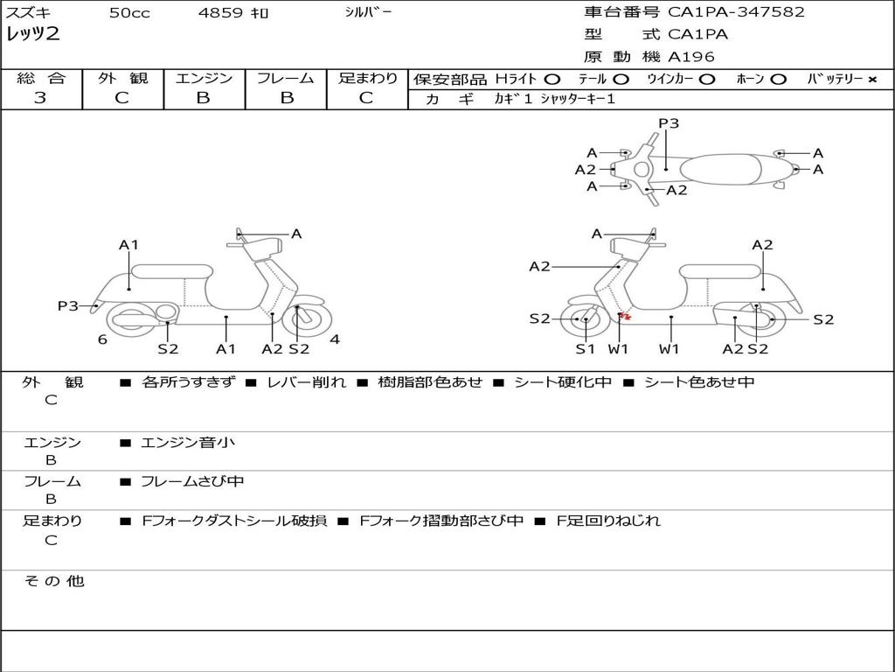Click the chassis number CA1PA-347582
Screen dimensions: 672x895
click(736, 12)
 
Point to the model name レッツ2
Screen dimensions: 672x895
click(33, 35)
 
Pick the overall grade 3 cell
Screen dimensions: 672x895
click(40, 98)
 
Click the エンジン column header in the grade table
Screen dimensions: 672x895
click(204, 79)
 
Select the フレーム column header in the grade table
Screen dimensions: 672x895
click(285, 79)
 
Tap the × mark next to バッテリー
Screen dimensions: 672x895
click(871, 80)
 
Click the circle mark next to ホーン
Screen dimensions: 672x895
click(779, 80)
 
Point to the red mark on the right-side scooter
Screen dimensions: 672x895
click(623, 316)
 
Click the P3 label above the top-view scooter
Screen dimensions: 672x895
click(669, 123)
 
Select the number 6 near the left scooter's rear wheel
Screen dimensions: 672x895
click(102, 339)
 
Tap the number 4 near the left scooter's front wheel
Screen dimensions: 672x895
click(335, 339)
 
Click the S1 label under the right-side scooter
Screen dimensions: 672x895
click(585, 349)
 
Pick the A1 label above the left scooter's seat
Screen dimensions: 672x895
click(129, 245)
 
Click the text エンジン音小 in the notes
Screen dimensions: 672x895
click(188, 443)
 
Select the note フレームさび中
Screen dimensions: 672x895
click(192, 481)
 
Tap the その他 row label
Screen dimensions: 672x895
click(53, 581)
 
